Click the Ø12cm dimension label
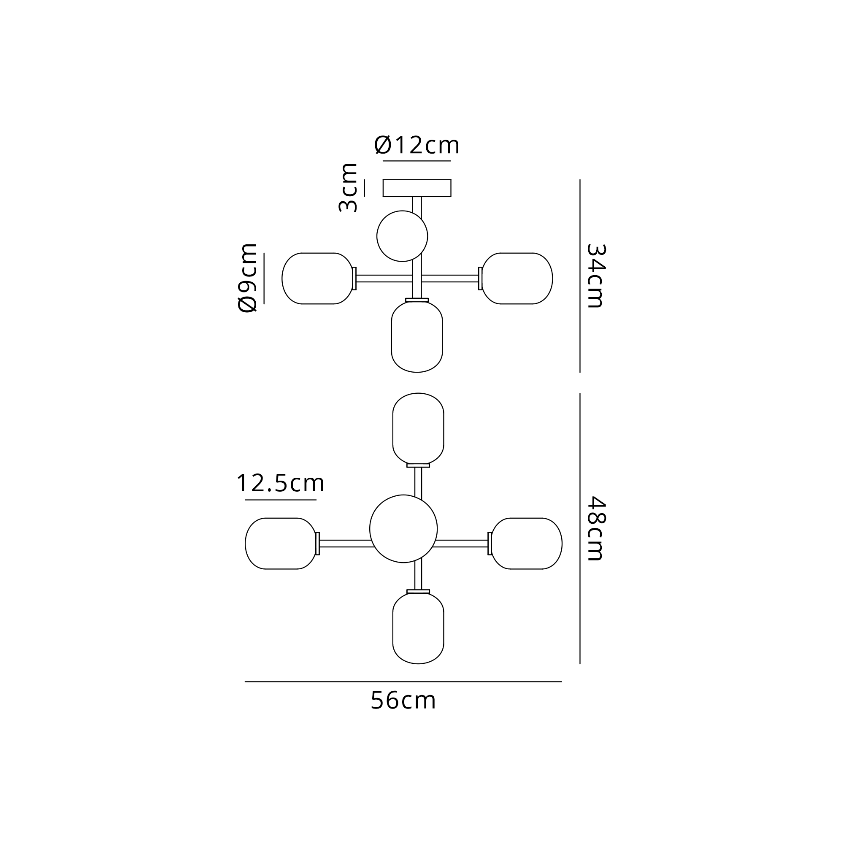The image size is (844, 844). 417,146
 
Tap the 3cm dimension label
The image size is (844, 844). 348,188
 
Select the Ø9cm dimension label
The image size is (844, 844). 247,278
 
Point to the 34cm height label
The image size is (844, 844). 595,276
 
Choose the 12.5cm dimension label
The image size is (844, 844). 281,484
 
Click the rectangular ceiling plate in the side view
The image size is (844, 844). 417,188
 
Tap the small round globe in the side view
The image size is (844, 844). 402,236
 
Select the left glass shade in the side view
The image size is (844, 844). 318,278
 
